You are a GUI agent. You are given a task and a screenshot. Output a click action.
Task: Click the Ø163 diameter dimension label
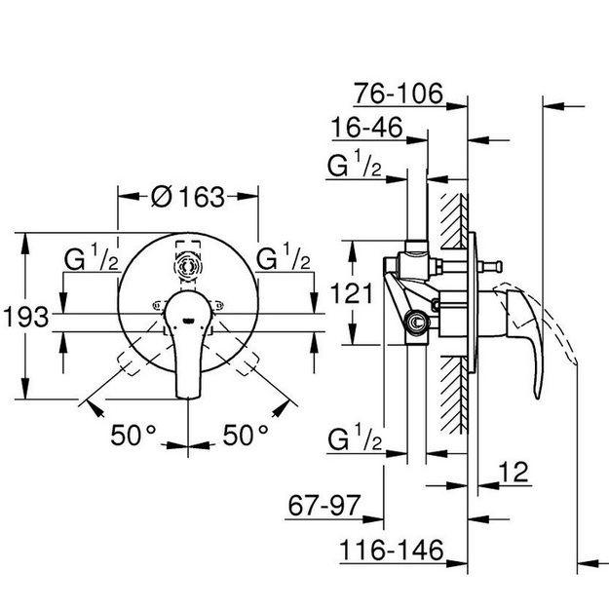point(188,197)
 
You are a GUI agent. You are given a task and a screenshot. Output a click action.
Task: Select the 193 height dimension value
point(26,317)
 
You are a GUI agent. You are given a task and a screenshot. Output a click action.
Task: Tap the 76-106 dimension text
point(399,94)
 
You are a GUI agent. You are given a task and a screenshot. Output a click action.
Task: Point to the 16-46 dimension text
point(367,128)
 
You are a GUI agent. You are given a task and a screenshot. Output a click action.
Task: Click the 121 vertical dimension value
point(351,293)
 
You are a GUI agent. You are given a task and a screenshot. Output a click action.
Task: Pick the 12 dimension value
point(514,472)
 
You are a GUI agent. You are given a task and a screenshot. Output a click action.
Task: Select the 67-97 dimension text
point(324,506)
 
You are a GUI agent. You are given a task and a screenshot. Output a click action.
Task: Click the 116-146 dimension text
point(392,550)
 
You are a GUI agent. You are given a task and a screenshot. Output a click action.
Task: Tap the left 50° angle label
point(133,435)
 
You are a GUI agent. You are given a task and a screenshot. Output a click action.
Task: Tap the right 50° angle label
point(246,435)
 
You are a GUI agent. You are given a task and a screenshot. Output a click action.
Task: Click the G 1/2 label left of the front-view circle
point(92,257)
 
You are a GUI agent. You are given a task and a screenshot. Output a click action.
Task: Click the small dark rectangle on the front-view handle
point(188,321)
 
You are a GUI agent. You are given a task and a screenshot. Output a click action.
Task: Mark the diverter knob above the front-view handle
point(188,266)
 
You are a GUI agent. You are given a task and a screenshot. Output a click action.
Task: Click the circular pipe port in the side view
point(417,322)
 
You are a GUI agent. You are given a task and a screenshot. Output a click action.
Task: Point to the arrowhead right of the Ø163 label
point(247,197)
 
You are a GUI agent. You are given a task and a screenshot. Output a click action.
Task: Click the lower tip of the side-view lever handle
point(537,397)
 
